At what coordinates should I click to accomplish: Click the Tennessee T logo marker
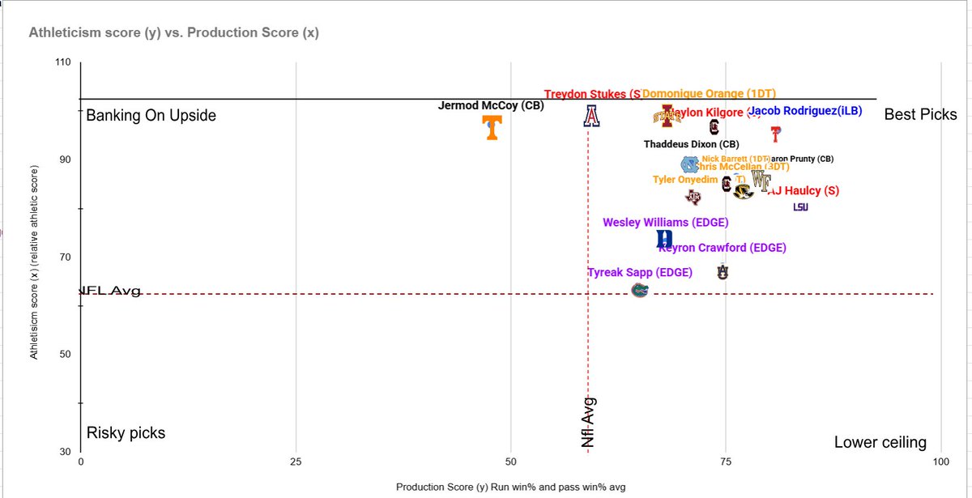click(491, 127)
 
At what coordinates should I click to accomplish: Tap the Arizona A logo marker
click(591, 116)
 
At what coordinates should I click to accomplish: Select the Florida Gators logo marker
click(640, 289)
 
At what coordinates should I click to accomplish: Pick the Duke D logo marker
click(664, 239)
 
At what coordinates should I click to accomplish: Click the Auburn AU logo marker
click(723, 272)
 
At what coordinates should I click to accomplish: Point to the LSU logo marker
click(800, 207)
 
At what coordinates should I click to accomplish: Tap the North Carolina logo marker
click(688, 165)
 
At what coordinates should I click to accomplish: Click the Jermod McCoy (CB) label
click(491, 105)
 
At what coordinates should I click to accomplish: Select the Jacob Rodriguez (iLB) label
click(805, 111)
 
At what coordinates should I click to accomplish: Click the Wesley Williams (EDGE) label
click(665, 223)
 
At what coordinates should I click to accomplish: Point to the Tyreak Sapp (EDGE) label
click(640, 273)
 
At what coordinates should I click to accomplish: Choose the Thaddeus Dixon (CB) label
click(691, 145)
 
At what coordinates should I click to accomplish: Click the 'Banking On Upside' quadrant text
click(151, 116)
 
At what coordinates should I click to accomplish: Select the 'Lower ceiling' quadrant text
click(880, 442)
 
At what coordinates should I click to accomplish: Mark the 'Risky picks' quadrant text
click(126, 433)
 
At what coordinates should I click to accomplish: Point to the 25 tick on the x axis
click(296, 462)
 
